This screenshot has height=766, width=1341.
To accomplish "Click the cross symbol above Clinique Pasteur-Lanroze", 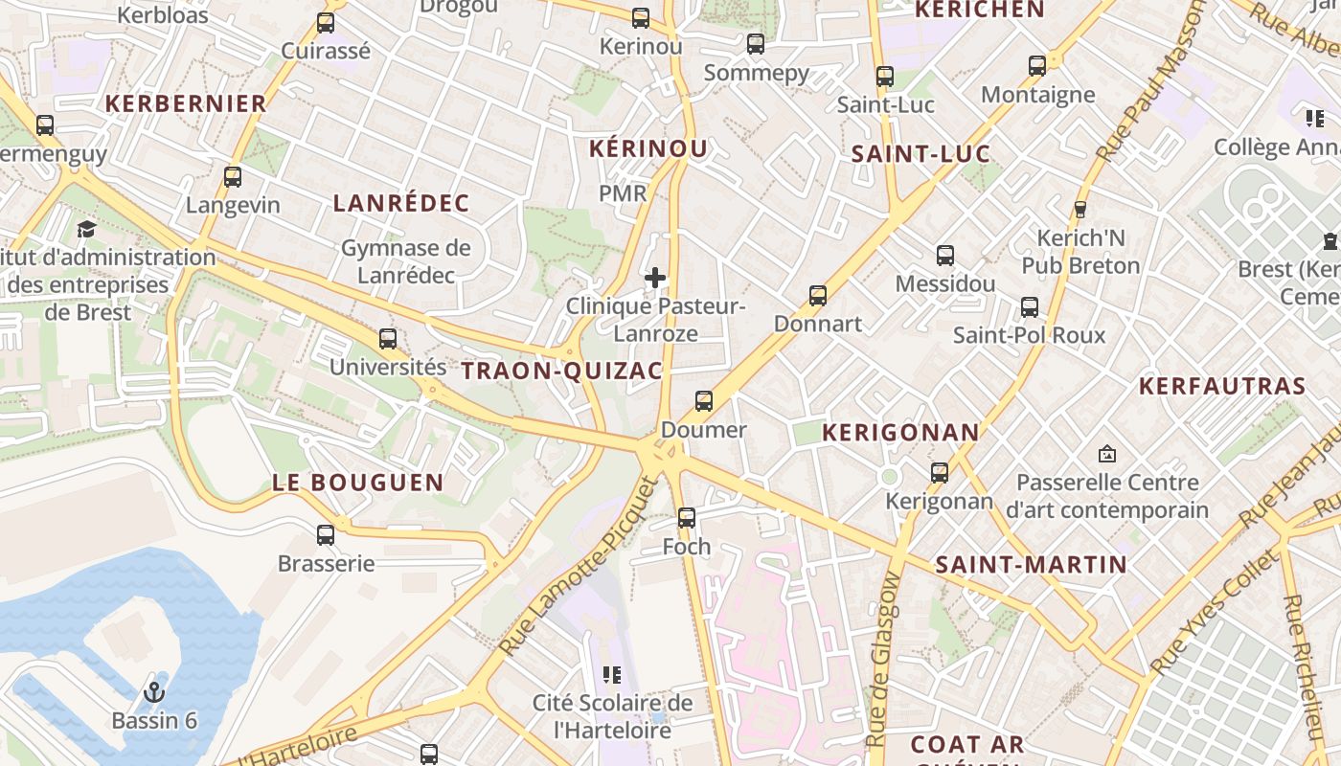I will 655,279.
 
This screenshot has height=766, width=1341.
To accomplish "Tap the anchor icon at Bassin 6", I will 153,691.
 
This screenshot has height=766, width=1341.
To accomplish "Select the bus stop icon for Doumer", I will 704,401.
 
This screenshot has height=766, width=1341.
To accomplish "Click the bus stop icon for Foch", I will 687,518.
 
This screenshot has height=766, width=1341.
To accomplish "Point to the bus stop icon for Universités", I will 388,339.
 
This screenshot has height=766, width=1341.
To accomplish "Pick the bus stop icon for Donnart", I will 818,296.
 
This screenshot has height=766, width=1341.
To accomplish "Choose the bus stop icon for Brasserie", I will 326,535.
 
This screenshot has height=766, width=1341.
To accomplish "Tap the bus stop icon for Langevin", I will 233,177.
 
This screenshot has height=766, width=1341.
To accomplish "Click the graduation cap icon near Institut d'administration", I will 86,229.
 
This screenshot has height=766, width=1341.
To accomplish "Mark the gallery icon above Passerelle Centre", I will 1107,453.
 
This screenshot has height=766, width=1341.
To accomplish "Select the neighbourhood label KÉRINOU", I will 648,148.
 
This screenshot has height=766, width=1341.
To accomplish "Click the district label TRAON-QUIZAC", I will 562,372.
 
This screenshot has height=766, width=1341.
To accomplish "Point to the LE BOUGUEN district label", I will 358,483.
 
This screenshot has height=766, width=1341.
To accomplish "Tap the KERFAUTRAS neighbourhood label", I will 1222,386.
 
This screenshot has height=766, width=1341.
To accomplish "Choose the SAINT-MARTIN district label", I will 1031,565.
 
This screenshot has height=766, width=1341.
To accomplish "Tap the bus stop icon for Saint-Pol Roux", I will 1030,307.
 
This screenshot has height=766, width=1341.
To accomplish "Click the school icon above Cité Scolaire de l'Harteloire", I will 612,675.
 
